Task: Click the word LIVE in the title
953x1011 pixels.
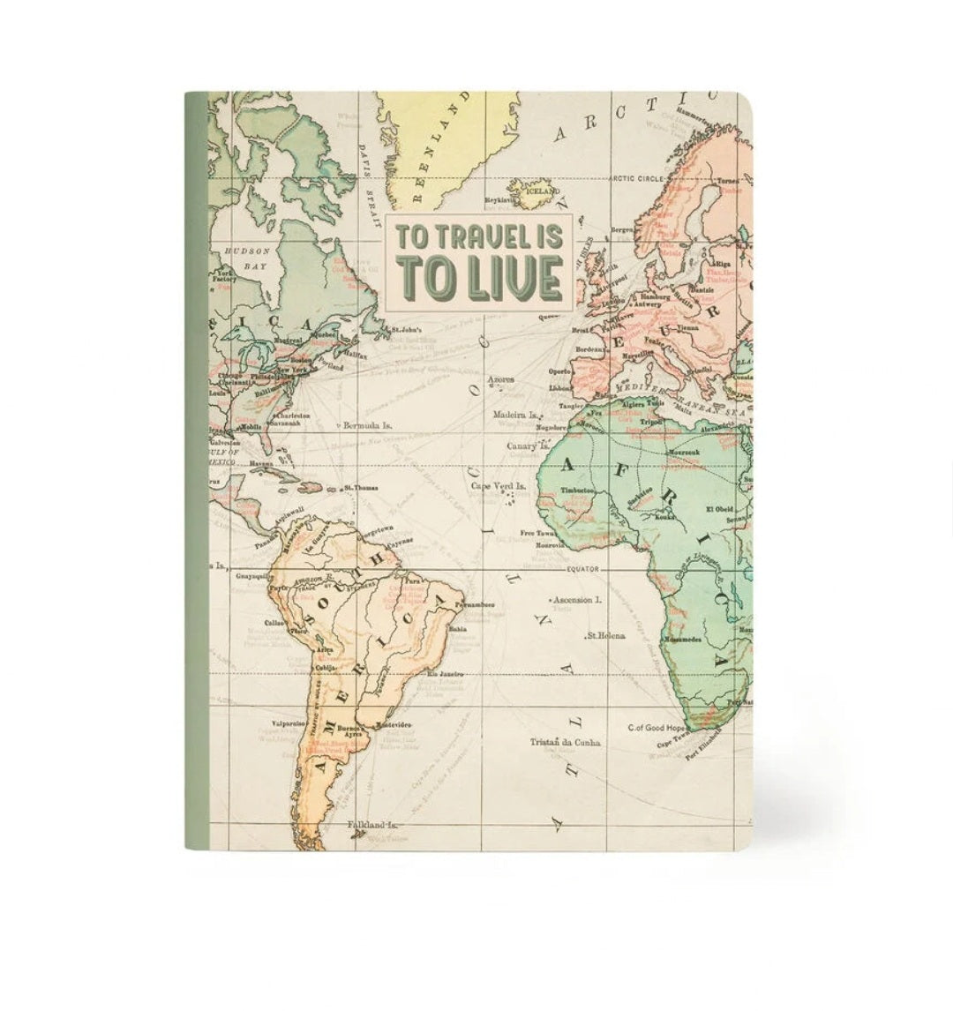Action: click(512, 278)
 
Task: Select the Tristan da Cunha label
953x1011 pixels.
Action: click(566, 742)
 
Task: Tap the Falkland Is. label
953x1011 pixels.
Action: click(372, 824)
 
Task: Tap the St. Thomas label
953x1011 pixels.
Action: click(362, 486)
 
